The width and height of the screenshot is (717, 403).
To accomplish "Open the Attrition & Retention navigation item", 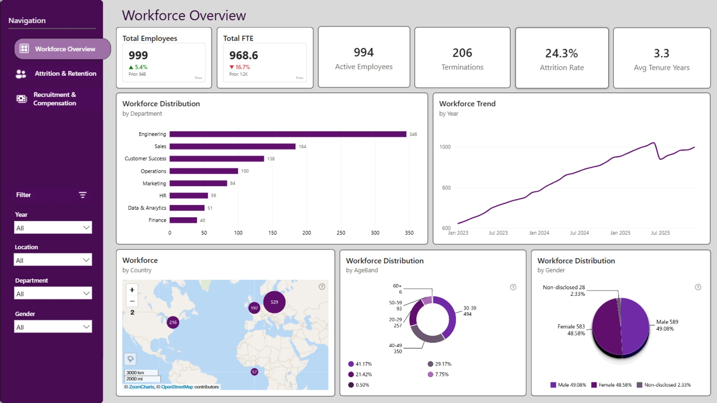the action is pos(56,74).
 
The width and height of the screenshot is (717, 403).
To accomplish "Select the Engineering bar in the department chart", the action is pos(288,134).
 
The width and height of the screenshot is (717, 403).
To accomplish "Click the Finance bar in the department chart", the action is pos(183,220).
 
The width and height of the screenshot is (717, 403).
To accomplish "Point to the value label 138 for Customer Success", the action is pos(271,159).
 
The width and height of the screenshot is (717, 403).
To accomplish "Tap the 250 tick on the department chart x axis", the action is pos(341,233).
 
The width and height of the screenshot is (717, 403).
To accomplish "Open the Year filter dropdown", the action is pos(53,228).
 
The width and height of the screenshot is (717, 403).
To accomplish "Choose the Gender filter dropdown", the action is pos(53,327).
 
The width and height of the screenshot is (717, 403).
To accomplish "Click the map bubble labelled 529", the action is pos(274,302).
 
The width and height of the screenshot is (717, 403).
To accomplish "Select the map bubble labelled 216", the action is pos(173,322).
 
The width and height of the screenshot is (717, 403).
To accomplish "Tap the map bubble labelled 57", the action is pos(254,372).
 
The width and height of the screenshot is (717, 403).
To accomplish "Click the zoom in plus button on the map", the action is pos(132,290).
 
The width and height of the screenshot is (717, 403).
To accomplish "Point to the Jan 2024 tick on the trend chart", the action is pos(539,233).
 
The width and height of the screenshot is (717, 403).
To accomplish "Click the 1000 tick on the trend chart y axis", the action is pos(445,147).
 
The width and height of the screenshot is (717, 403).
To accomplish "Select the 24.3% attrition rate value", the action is pos(562,53).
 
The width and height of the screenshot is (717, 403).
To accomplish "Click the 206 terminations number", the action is pos(462,53).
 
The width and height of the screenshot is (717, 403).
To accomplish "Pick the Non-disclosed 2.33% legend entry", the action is pos(664,385).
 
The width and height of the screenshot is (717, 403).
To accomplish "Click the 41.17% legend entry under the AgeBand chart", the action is pos(360,364).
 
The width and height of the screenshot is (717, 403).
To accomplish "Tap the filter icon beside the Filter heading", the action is pos(83,195).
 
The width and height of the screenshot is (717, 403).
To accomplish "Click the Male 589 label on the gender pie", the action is pos(667,322).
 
